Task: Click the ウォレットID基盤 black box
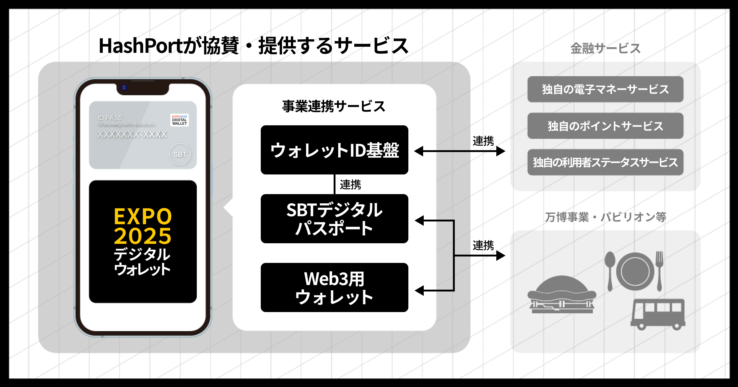pos(334,150)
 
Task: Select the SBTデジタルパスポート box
pos(334,219)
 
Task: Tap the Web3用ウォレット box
pos(334,287)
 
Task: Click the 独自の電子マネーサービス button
pos(605,89)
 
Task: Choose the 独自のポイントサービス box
pos(605,126)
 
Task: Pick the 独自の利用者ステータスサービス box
pos(605,162)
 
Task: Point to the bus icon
pos(658,314)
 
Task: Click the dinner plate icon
pos(635,272)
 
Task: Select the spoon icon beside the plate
pos(610,270)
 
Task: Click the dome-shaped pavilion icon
pos(562,295)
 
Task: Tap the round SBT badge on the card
pos(180,154)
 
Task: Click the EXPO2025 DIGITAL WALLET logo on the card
pos(180,120)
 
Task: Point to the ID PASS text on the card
pos(110,118)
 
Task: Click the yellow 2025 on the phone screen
pos(142,236)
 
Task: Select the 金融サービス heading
pos(605,49)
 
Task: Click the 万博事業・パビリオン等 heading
pos(605,217)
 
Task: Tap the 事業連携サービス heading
pos(334,106)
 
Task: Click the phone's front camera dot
pos(124,88)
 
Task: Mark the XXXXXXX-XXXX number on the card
pos(132,134)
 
